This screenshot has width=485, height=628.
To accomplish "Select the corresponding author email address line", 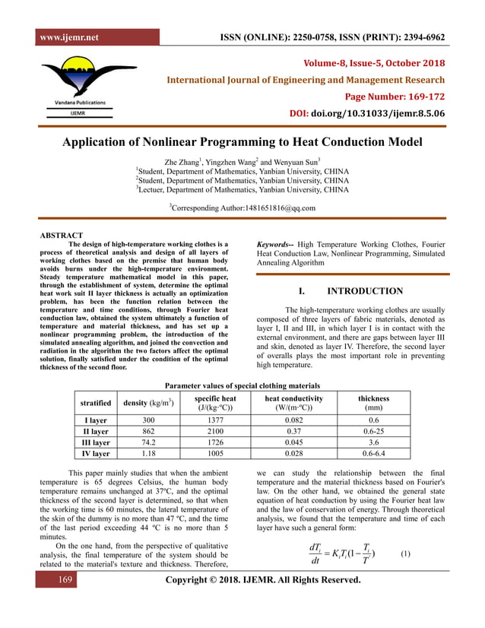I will pos(242,207).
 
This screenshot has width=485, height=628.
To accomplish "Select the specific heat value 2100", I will pos(213,430).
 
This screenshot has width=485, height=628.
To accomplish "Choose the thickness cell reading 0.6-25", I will pos(372,430).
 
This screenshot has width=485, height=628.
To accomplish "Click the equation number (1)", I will pos(404,553).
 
